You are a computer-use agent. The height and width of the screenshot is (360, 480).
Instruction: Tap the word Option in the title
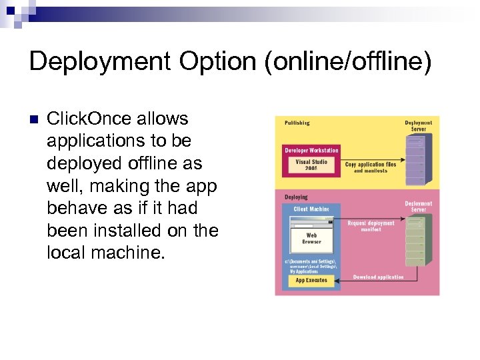tap(216, 62)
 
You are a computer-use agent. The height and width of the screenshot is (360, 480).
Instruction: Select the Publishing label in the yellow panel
tap(297, 123)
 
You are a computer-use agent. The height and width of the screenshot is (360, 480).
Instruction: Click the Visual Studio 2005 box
tap(311, 165)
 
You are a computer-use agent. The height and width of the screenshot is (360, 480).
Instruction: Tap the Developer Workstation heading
tap(311, 151)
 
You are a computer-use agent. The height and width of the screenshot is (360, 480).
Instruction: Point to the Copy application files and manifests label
tap(371, 167)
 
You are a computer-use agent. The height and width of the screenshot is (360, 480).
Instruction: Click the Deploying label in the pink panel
tap(296, 197)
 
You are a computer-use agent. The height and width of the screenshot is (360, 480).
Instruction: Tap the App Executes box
tap(311, 281)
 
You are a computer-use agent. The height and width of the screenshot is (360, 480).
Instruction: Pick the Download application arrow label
tap(379, 277)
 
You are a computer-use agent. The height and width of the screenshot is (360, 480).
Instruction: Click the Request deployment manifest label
tap(371, 226)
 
